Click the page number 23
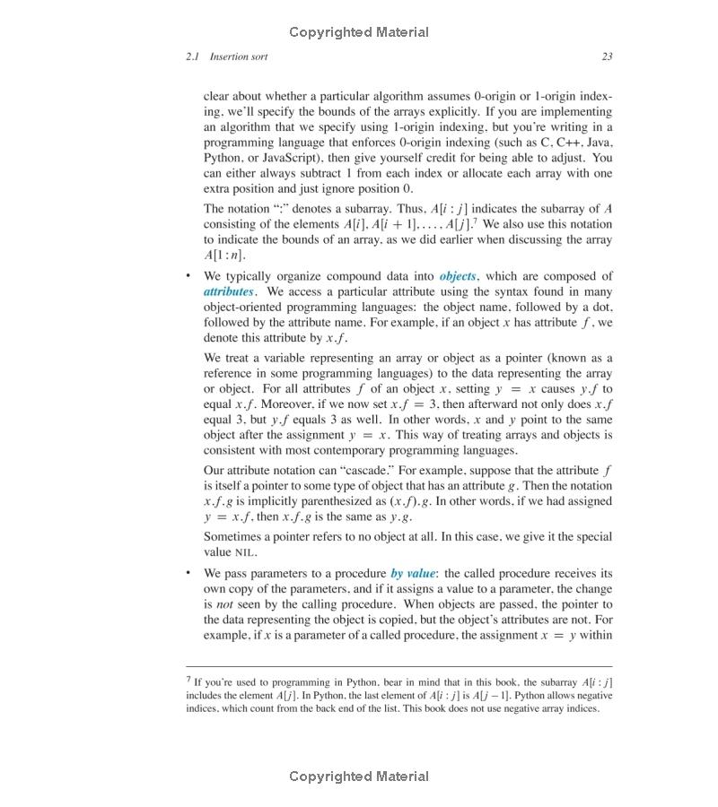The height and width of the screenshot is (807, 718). click(607, 56)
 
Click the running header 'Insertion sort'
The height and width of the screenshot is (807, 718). click(239, 56)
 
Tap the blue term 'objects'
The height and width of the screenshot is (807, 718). click(458, 276)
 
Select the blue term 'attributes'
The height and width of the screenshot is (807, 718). click(229, 291)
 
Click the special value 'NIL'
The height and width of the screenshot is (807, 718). click(244, 552)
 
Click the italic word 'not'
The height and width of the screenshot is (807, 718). click(226, 604)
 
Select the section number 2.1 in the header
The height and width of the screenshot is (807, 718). click(193, 56)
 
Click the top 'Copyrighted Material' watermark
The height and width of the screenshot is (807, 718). click(359, 32)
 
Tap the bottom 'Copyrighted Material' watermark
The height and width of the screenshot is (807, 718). click(359, 777)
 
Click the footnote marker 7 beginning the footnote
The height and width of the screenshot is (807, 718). click(188, 681)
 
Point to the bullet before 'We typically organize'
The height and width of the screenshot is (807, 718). click(188, 276)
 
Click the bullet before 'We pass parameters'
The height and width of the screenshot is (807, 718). click(188, 573)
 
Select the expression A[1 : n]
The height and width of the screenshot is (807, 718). click(223, 256)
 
